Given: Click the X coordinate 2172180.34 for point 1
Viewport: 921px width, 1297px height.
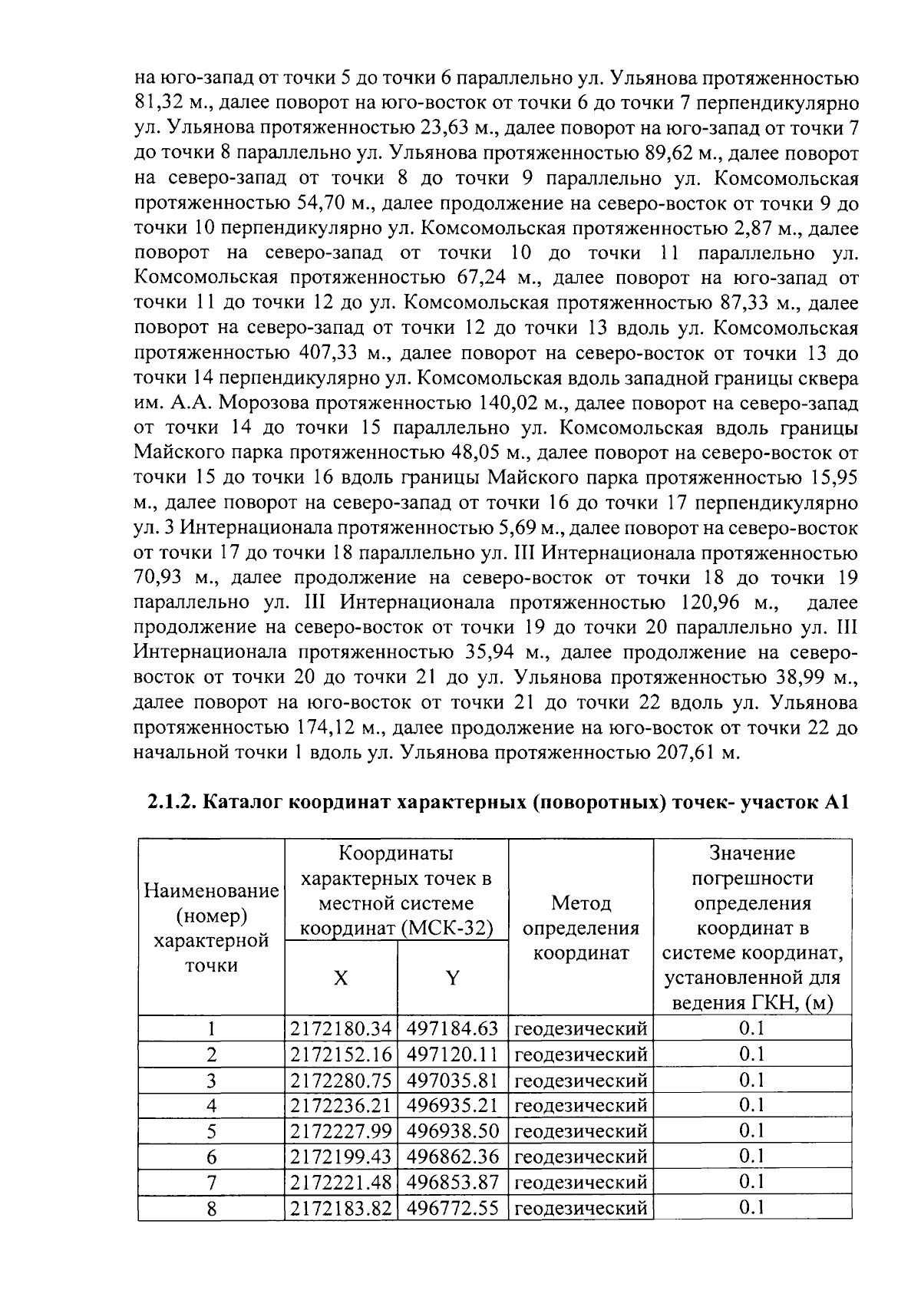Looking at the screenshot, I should point(341,1028).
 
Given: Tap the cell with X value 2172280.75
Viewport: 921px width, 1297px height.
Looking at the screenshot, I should point(341,1080).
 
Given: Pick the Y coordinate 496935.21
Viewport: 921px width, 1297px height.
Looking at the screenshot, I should point(452,1105).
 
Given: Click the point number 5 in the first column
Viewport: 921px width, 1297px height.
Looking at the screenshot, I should point(211,1131).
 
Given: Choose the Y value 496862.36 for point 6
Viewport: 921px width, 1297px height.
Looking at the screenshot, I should point(452,1157).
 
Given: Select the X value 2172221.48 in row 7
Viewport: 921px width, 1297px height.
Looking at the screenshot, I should point(341,1182).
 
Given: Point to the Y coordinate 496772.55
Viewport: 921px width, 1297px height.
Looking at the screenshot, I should point(452,1208).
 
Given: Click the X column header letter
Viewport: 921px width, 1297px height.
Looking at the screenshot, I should point(341,978).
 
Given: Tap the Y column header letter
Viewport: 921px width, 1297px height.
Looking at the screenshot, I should point(453,978).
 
